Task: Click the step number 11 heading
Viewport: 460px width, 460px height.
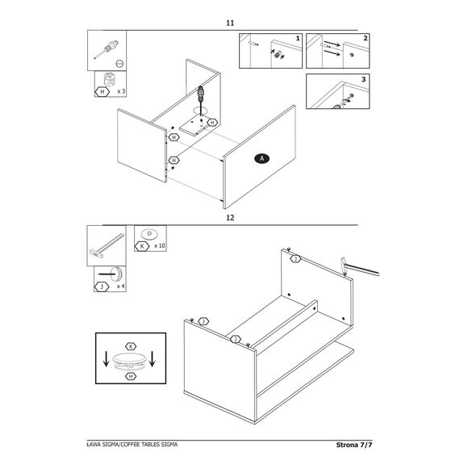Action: pyautogui.click(x=230, y=23)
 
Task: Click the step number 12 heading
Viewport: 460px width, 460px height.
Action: pyautogui.click(x=230, y=218)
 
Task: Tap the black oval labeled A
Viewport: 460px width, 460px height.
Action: pyautogui.click(x=262, y=159)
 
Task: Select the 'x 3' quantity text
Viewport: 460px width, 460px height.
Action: pyautogui.click(x=121, y=91)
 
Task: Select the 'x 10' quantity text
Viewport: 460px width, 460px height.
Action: pyautogui.click(x=160, y=246)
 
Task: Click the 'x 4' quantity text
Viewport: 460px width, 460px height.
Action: pyautogui.click(x=120, y=286)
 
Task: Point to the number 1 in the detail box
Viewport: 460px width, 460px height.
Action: pyautogui.click(x=298, y=39)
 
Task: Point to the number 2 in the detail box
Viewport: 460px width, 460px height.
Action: pyautogui.click(x=366, y=38)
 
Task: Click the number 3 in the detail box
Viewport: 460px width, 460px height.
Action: pyautogui.click(x=364, y=79)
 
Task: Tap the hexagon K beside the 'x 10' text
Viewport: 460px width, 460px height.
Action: pyautogui.click(x=142, y=246)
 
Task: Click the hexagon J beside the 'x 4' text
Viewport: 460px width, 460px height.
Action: pyautogui.click(x=102, y=287)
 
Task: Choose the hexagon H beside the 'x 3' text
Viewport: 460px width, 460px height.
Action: pyautogui.click(x=102, y=92)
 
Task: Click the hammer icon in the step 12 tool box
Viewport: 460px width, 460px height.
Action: pyautogui.click(x=107, y=246)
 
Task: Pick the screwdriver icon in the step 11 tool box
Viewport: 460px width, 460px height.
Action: pyautogui.click(x=107, y=49)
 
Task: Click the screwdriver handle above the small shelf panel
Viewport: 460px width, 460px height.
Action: pyautogui.click(x=201, y=94)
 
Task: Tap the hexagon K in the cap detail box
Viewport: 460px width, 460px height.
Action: pyautogui.click(x=131, y=346)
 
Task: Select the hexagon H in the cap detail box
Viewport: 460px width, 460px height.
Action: pyautogui.click(x=131, y=376)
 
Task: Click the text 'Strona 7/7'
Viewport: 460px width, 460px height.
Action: pyautogui.click(x=354, y=445)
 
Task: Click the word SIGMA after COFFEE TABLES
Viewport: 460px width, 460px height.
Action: pyautogui.click(x=169, y=445)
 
